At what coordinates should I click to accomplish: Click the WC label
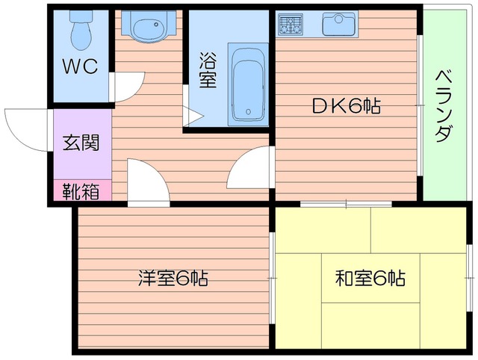(x=80, y=67)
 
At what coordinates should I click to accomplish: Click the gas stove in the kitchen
(x=292, y=25)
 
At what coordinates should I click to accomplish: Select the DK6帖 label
(x=347, y=106)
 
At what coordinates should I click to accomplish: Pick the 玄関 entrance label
(x=81, y=142)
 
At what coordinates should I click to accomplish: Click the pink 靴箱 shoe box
(x=81, y=191)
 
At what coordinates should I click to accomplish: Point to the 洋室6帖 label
(x=173, y=279)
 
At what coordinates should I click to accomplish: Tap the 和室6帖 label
(x=370, y=279)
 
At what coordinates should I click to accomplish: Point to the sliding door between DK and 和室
(x=347, y=203)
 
